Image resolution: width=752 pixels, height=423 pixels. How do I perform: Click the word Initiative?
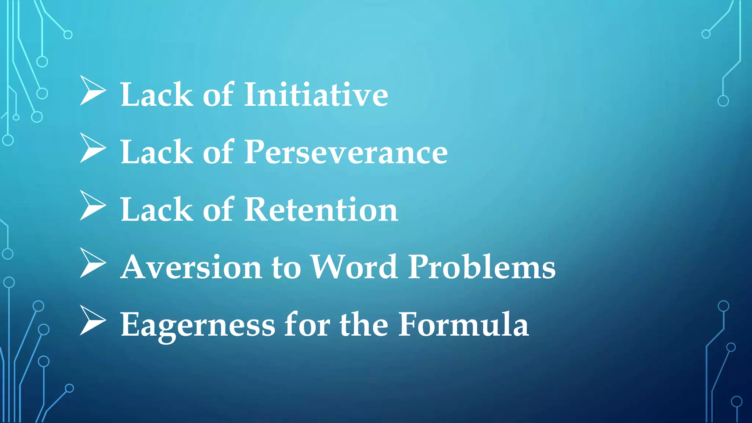[x=316, y=95]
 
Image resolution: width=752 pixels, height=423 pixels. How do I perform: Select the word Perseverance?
[x=346, y=152]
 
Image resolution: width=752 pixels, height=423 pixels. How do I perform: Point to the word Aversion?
[x=191, y=267]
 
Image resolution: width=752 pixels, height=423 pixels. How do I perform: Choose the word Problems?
[x=481, y=267]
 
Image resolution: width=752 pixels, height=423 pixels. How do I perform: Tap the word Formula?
[x=463, y=324]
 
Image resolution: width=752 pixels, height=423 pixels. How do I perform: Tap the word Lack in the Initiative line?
[x=156, y=95]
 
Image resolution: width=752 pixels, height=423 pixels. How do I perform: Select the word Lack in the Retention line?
[x=156, y=210]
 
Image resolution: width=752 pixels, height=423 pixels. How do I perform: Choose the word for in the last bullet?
[x=307, y=324]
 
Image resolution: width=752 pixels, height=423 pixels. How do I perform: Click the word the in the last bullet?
[x=364, y=324]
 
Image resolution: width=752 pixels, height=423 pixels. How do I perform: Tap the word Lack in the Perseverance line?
[x=156, y=152]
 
